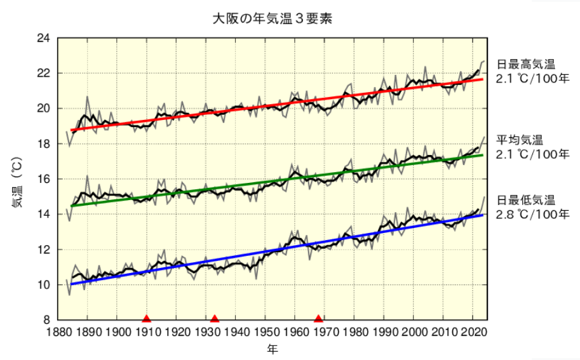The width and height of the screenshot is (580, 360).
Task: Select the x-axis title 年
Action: coord(273,349)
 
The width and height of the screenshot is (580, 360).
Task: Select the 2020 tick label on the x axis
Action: coord(472,332)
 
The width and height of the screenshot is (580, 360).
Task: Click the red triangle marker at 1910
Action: coord(147,319)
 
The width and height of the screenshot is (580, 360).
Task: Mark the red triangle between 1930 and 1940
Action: coord(215,319)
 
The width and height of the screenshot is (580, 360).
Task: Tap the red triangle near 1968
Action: coord(319,319)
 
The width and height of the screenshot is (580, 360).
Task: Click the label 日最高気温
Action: coord(526,64)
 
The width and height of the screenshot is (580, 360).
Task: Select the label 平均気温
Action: coord(520,140)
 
